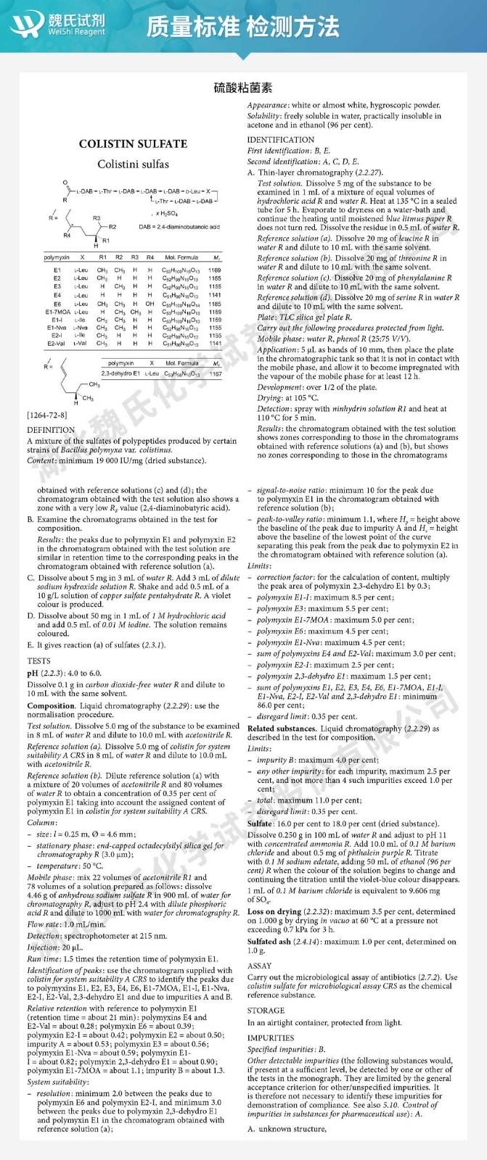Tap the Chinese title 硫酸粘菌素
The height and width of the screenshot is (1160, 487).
click(244, 88)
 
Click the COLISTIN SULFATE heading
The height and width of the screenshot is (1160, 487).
click(133, 144)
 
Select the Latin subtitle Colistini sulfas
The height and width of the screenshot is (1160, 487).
click(133, 164)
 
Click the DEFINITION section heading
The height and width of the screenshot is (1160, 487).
click(50, 430)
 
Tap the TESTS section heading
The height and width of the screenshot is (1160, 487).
click(38, 661)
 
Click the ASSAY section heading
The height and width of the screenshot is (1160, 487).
click(259, 966)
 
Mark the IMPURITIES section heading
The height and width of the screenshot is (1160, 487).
click(271, 1037)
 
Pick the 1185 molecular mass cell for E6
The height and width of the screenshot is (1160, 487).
click(215, 304)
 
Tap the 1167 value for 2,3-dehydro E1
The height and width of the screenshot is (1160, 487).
click(215, 373)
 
